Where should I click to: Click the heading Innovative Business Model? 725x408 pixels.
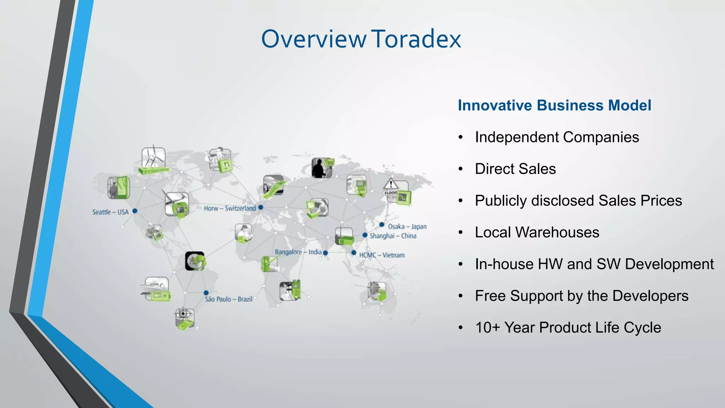[x=554, y=106]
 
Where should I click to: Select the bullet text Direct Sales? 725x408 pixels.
[x=515, y=169]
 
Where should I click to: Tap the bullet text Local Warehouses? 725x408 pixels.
[x=537, y=233]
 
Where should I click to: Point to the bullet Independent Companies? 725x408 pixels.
[x=557, y=137]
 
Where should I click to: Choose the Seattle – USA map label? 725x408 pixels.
[x=110, y=212]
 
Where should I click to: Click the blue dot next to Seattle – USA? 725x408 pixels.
[x=135, y=211]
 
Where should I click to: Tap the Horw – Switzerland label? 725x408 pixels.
[x=229, y=208]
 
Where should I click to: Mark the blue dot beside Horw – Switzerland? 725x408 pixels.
[x=261, y=207]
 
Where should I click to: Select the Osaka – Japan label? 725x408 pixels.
[x=407, y=227]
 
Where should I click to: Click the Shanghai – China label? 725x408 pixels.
[x=393, y=236]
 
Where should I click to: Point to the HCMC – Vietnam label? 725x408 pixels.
[x=382, y=255]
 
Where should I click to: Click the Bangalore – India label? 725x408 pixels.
[x=298, y=252]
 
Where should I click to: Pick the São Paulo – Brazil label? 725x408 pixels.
[x=228, y=299]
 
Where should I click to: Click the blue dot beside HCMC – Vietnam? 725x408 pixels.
[x=354, y=253]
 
